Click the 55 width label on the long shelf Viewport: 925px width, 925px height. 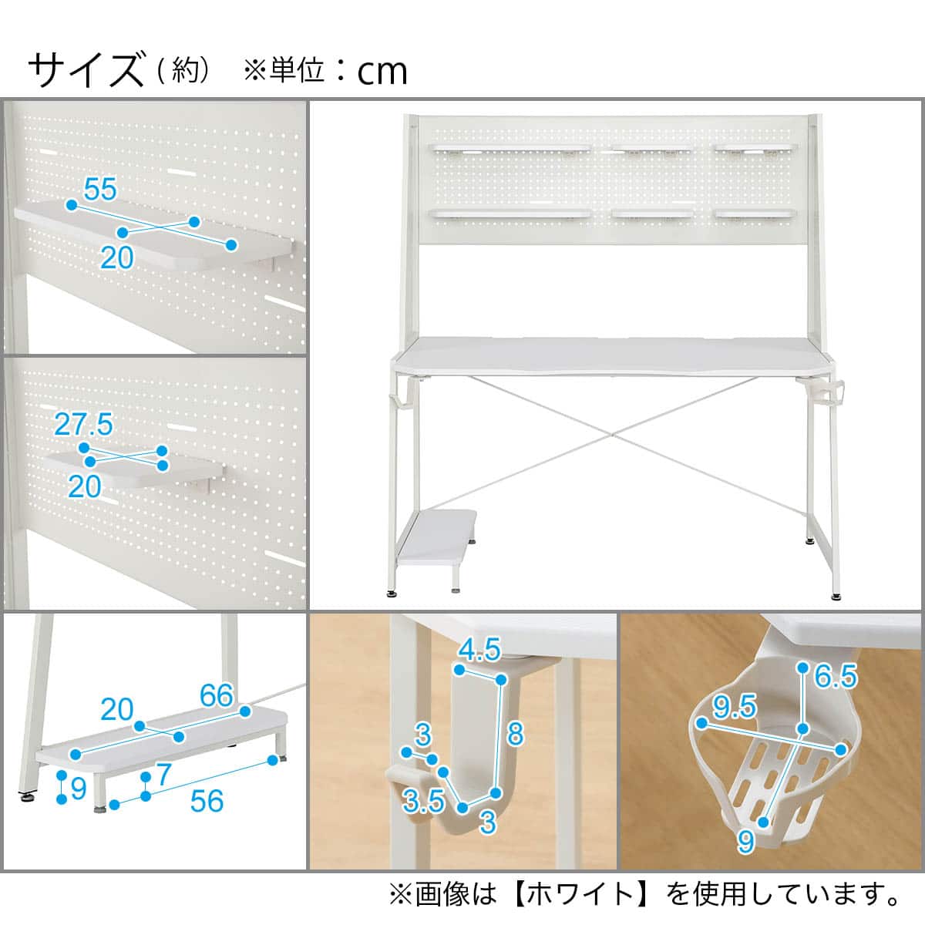100,190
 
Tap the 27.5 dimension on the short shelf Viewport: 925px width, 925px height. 84,425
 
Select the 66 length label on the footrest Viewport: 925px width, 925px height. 216,695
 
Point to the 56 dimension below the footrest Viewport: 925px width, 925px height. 207,801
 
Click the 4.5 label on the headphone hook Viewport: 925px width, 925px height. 479,651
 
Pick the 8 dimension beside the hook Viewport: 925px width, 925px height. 516,734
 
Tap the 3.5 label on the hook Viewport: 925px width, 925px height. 424,802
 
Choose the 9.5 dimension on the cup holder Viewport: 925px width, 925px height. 735,705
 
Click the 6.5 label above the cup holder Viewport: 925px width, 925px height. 836,677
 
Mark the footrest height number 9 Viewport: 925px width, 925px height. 77,789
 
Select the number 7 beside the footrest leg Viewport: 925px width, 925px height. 162,775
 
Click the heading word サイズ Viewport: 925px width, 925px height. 86,70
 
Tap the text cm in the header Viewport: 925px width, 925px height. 382,72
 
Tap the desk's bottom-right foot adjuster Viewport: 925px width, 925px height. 836,594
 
